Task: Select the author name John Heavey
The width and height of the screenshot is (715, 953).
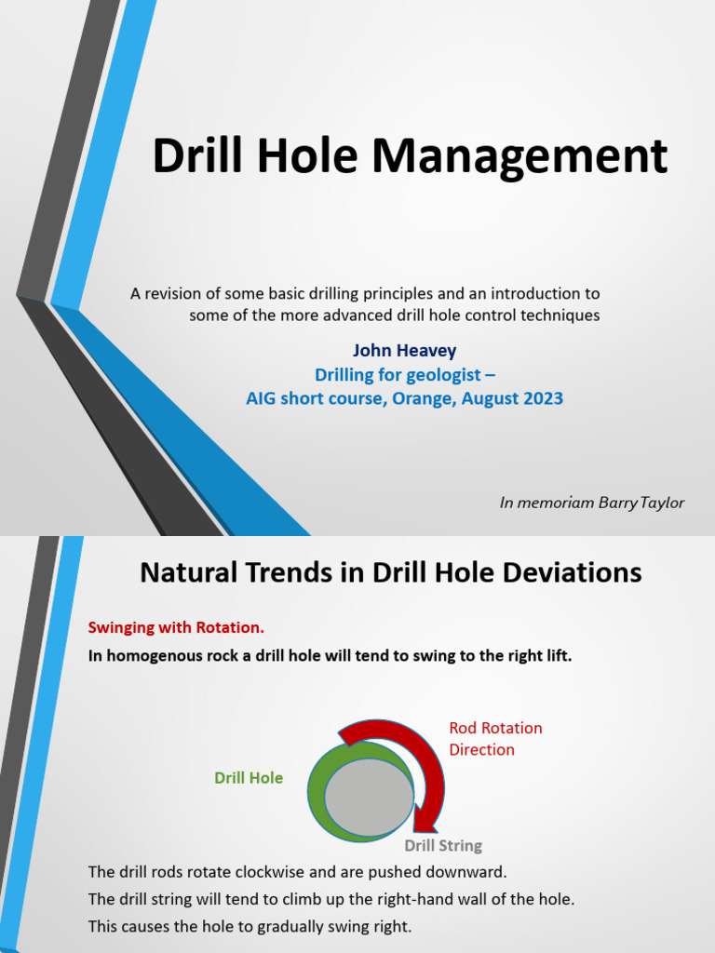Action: coord(404,351)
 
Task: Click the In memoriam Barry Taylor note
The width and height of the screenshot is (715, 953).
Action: coord(591,503)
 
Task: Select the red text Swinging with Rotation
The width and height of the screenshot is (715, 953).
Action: coord(182,627)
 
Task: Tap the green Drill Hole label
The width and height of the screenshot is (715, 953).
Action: coord(249,778)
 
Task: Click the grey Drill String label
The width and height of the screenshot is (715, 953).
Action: coord(443,846)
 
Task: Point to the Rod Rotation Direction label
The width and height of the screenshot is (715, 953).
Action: coord(495,738)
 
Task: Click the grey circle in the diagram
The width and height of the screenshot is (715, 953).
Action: coord(369,797)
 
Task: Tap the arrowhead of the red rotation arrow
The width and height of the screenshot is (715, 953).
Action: coord(427,819)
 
